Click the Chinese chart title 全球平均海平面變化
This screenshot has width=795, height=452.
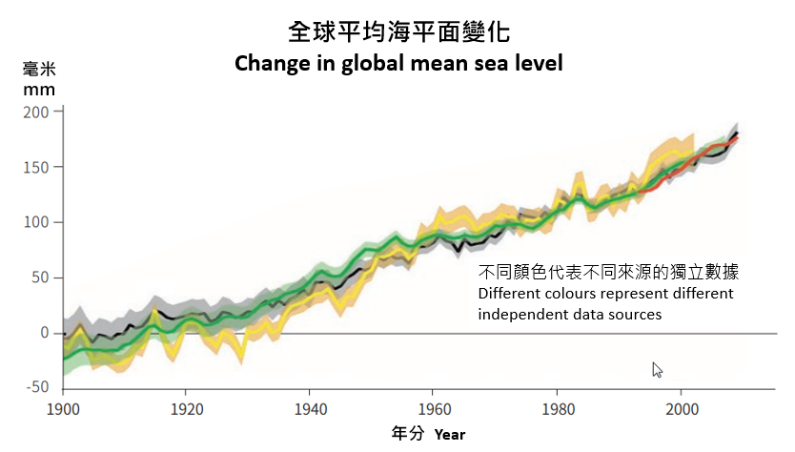coord(399,31)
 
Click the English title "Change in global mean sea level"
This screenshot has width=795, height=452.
coord(398,64)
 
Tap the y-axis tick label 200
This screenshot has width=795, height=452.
coord(35,112)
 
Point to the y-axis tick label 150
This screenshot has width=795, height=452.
coord(35,167)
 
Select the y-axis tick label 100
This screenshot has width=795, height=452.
coord(35,222)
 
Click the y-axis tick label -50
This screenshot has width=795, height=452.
coord(35,387)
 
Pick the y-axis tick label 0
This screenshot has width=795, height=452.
coord(43,333)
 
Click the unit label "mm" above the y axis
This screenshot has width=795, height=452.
coord(39,90)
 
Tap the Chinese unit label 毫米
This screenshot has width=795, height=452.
coord(39,69)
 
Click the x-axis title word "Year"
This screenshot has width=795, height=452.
coord(450,435)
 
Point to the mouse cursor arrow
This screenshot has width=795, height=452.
coord(657,370)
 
